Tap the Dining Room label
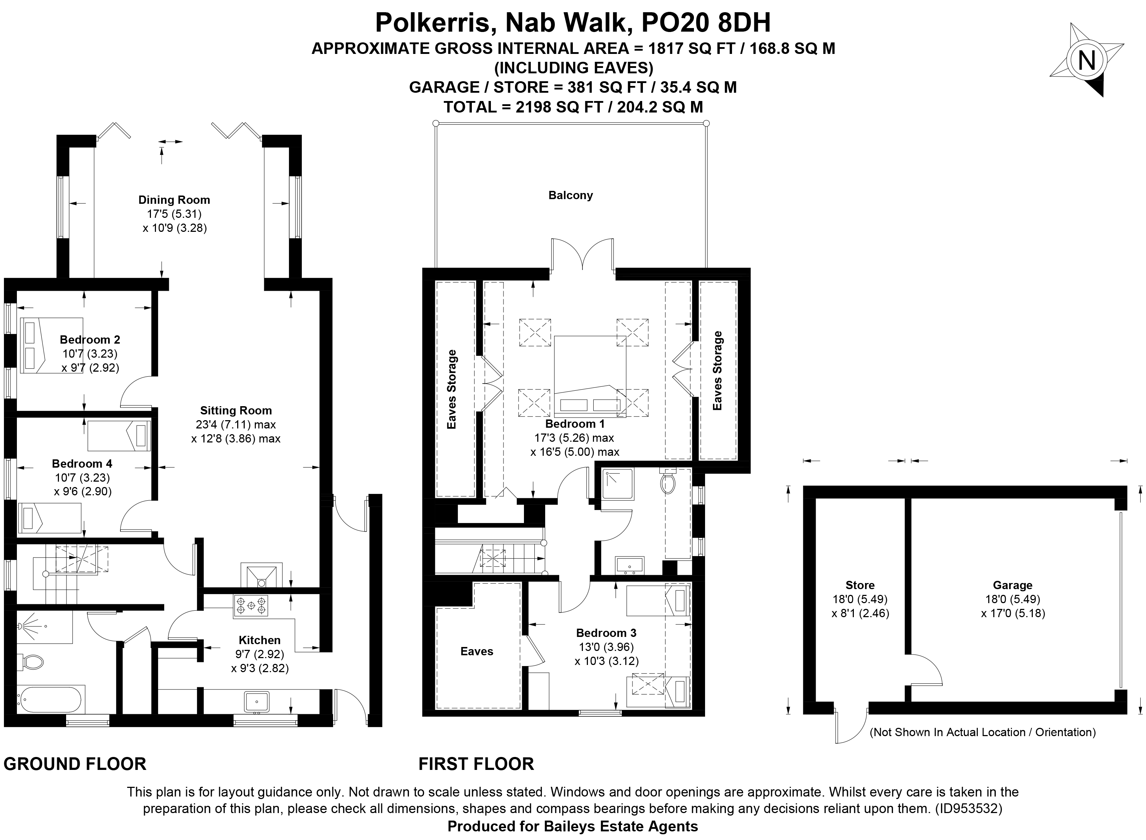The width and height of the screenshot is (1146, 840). click(x=174, y=200)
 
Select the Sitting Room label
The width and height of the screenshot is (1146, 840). click(x=235, y=410)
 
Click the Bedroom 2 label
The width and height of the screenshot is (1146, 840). click(x=90, y=339)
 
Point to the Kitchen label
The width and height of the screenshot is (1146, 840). click(x=259, y=640)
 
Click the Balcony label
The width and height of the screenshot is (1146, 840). click(x=570, y=195)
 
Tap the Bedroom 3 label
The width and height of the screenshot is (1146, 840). click(x=606, y=633)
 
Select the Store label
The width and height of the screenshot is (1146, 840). click(x=860, y=585)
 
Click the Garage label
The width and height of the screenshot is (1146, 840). click(x=1012, y=585)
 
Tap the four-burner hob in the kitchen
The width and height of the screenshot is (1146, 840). click(x=251, y=606)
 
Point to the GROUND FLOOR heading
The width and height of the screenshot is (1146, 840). click(x=75, y=764)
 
